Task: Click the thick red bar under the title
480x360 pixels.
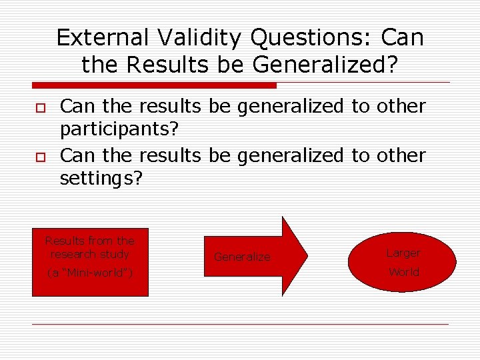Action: tap(154, 85)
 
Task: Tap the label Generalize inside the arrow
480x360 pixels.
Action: tap(242, 257)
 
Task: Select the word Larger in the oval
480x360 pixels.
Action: tap(403, 253)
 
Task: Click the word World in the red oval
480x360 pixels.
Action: tap(403, 272)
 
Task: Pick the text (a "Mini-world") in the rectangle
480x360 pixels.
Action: tap(89, 272)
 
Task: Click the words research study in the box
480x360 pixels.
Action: tap(89, 254)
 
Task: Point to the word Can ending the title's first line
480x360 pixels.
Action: tap(403, 38)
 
